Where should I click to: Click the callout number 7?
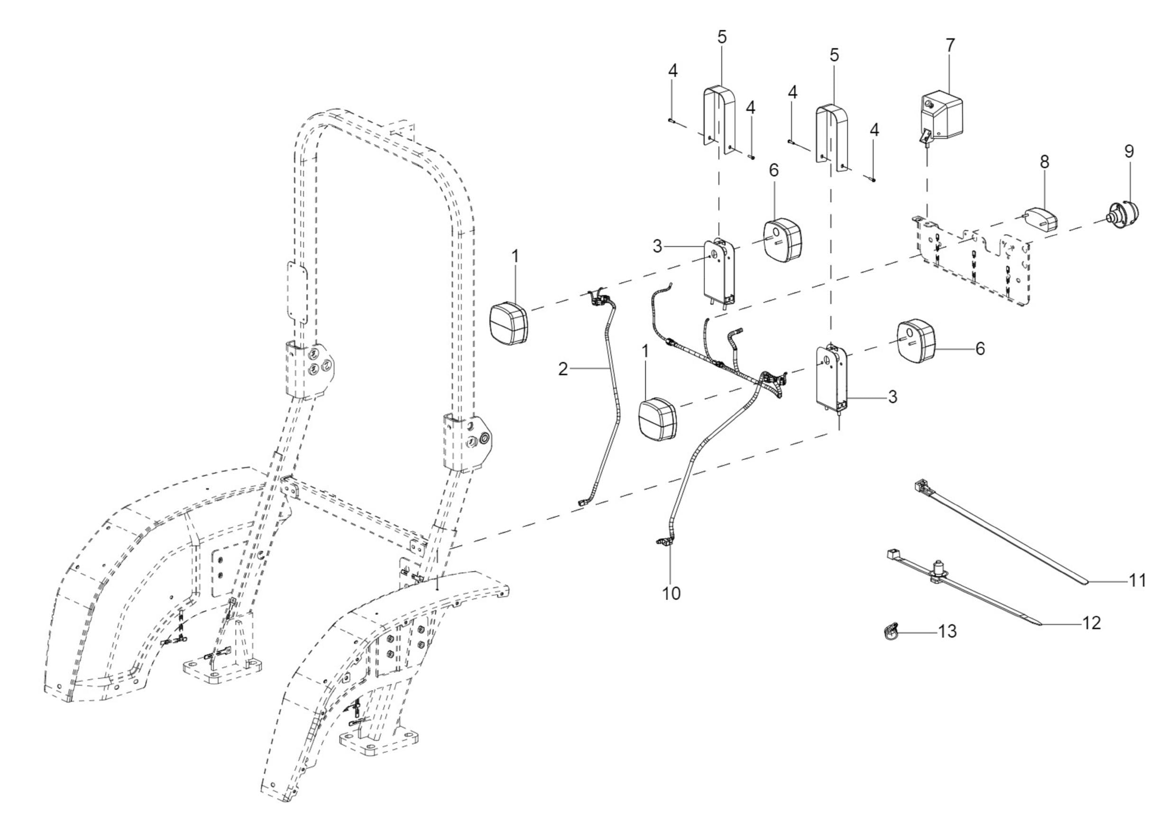pyautogui.click(x=950, y=45)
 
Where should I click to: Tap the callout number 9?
pyautogui.click(x=1129, y=151)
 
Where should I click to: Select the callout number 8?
pyautogui.click(x=1044, y=162)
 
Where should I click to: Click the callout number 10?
pyautogui.click(x=671, y=594)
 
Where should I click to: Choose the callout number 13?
pyautogui.click(x=947, y=632)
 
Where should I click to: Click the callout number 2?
pyautogui.click(x=563, y=369)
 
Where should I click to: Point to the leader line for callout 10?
pyautogui.click(x=671, y=567)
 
